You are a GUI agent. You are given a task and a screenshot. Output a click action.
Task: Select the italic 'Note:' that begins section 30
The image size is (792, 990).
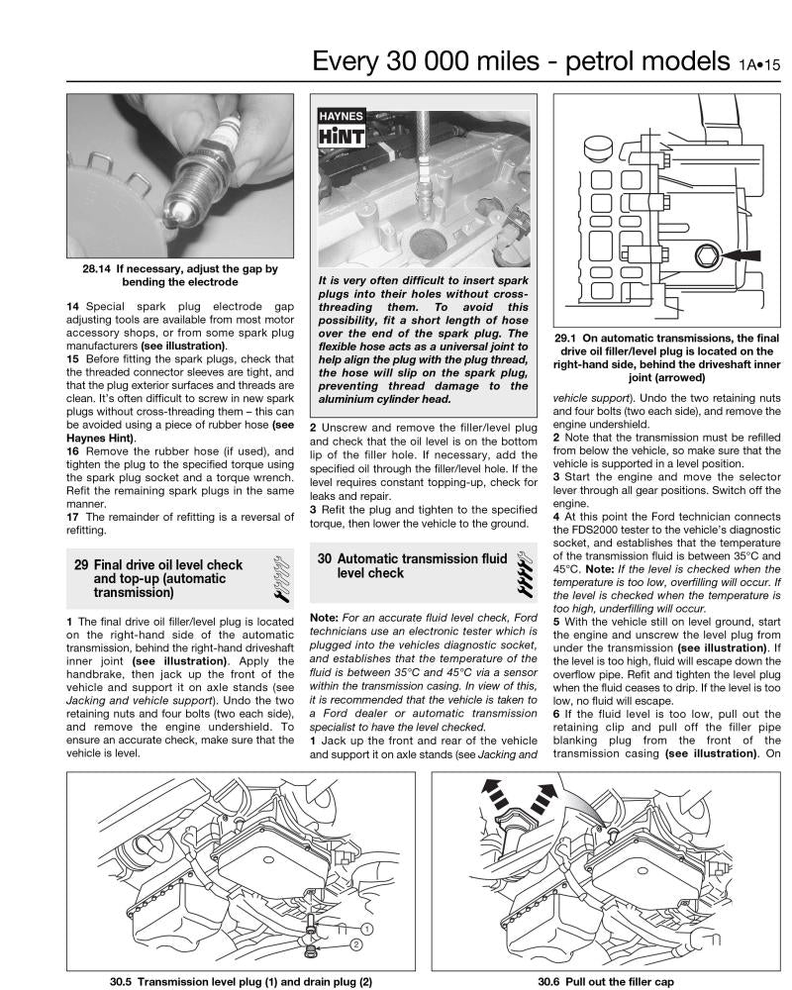click(327, 618)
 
